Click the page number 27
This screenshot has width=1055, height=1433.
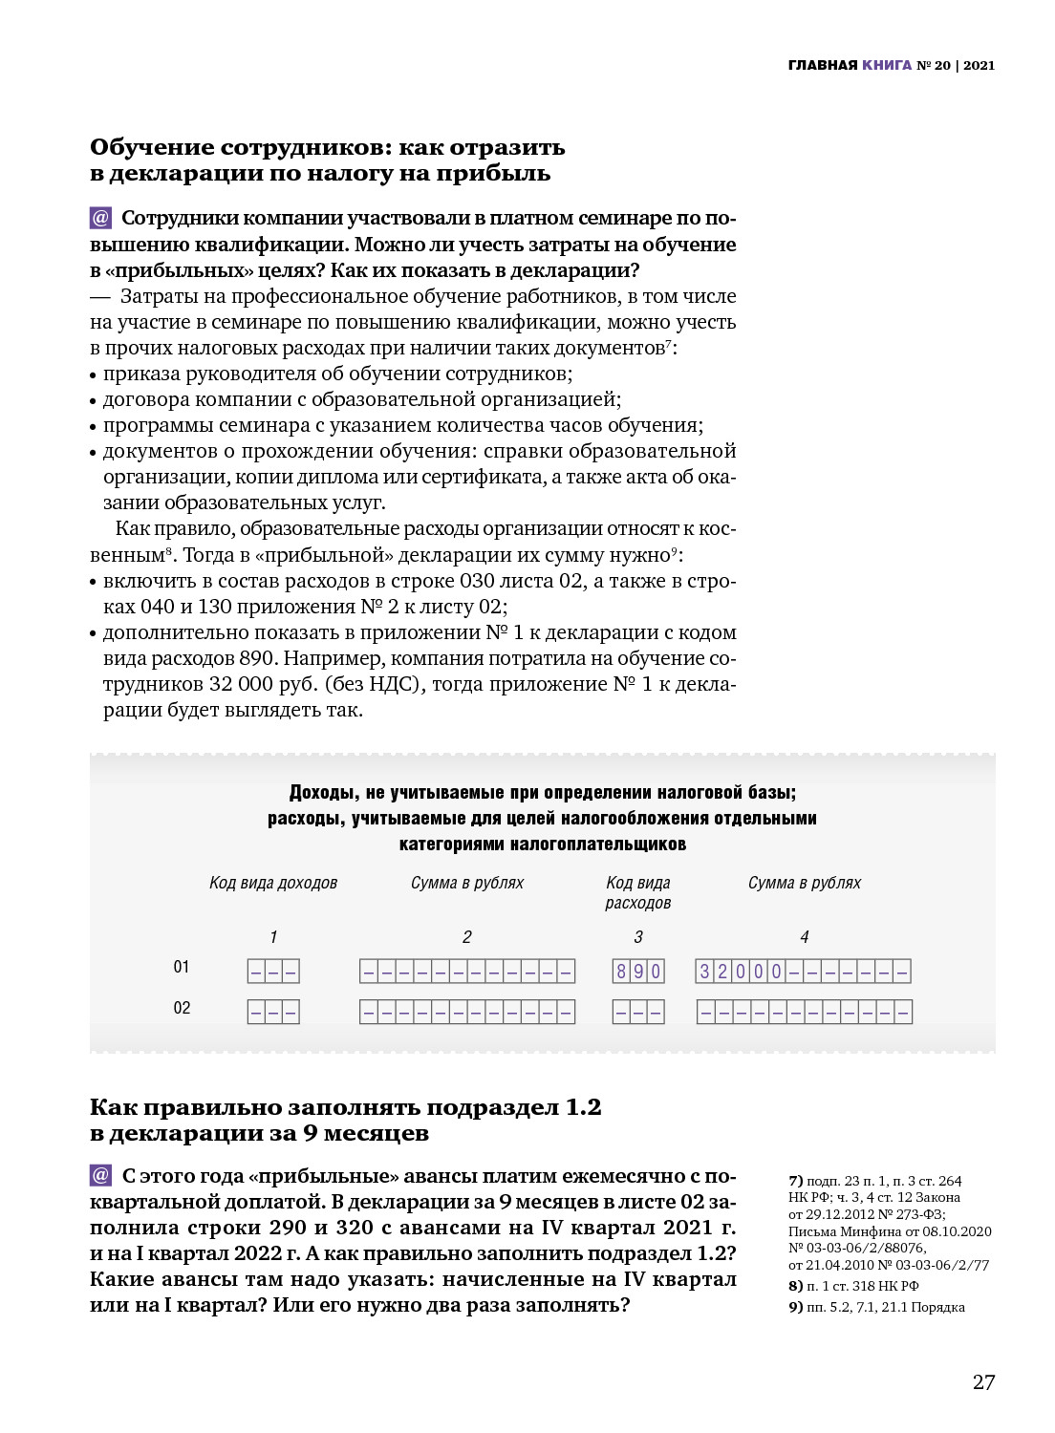pos(983,1381)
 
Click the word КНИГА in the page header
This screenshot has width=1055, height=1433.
pos(887,66)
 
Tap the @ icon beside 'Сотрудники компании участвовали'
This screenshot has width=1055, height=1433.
pos(101,219)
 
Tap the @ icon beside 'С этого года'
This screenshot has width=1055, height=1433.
pos(101,1176)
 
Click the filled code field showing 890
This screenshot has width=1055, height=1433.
pos(638,972)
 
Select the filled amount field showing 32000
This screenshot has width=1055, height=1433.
pos(803,972)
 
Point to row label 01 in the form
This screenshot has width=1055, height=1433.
pos(182,968)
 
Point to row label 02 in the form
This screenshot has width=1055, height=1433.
pos(182,1008)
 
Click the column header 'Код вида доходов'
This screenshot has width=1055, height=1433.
pos(273,883)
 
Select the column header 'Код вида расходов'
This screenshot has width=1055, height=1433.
pos(638,892)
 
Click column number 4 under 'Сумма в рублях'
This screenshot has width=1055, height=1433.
pos(805,937)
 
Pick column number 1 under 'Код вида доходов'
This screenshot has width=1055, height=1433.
pos(273,937)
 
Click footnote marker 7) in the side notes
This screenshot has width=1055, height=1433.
pos(796,1182)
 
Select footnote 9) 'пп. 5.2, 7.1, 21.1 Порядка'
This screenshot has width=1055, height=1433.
pos(876,1307)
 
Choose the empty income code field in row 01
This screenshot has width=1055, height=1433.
pos(273,972)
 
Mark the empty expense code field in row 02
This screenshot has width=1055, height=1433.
pos(638,1012)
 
